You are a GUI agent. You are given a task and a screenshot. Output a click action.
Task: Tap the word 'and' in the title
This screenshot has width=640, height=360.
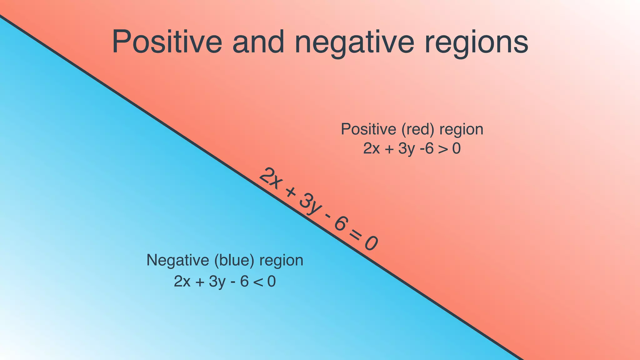point(258,42)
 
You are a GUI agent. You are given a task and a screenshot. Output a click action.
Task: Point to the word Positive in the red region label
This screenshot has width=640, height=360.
point(368,129)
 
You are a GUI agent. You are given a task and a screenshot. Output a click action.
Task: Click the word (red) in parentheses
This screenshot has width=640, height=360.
point(418,129)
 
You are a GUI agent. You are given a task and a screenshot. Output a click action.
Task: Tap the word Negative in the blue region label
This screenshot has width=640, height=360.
point(177,260)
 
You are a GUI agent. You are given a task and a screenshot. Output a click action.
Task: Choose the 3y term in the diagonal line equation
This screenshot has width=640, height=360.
point(309,205)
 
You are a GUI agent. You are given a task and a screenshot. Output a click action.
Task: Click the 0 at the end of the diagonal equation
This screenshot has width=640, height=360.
point(371,243)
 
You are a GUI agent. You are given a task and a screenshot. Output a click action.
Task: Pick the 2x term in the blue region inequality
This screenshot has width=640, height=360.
point(182,282)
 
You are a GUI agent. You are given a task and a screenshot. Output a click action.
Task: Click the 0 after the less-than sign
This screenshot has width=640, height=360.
point(272,282)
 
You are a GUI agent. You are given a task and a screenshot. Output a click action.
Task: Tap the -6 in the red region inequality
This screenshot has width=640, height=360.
point(427,149)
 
